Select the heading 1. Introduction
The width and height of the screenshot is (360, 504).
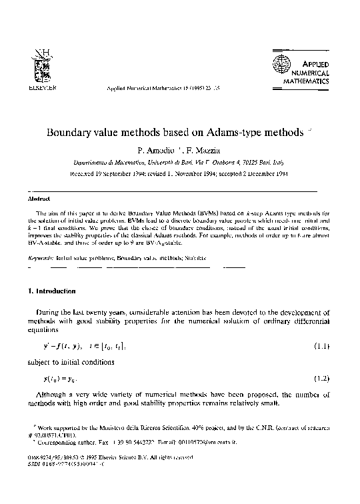click(51, 291)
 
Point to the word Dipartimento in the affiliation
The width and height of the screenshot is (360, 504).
click(94, 161)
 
